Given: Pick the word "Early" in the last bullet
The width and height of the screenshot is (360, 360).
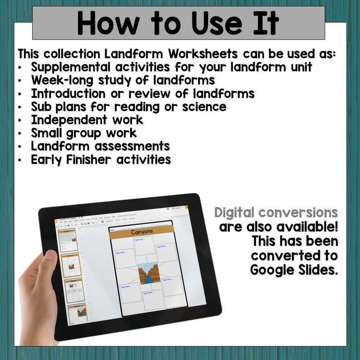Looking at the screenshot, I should tap(47, 159).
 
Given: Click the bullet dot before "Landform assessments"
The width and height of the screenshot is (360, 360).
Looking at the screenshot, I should tap(21, 147).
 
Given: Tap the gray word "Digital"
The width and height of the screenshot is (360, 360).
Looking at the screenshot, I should tap(241, 212).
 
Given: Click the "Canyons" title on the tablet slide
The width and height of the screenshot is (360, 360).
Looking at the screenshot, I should tap(142, 232).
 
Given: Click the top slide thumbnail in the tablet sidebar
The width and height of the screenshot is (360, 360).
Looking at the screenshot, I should tap(67, 239).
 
